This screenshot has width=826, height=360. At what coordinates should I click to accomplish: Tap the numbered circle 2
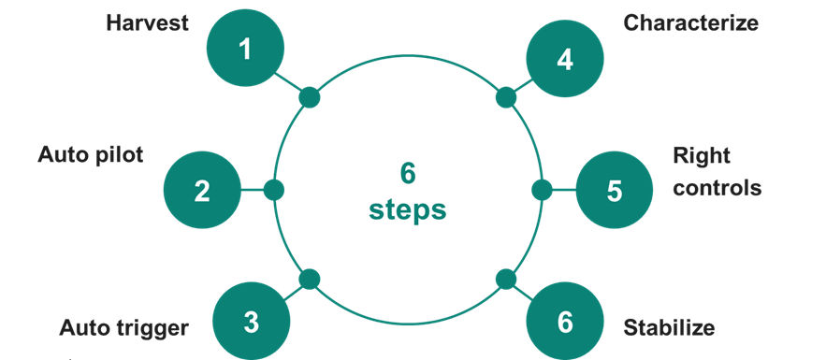point(202,191)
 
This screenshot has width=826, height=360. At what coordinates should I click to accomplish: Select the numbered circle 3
point(251,322)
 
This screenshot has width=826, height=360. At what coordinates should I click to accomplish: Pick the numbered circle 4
point(564,59)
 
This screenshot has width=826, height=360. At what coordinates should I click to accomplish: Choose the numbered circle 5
point(614,191)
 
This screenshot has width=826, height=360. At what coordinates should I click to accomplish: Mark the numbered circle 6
point(564,322)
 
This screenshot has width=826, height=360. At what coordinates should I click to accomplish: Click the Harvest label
point(148,22)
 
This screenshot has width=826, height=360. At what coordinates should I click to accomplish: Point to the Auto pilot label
point(91,154)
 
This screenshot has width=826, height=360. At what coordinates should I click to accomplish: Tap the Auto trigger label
point(124,328)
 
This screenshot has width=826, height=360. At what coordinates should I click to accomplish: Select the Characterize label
point(691,22)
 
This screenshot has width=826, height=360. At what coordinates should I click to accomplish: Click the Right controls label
point(717,171)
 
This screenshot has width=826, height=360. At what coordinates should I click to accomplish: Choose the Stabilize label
point(669,328)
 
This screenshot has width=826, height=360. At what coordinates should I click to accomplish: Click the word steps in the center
point(408,210)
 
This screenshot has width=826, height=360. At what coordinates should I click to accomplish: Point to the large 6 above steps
point(408,174)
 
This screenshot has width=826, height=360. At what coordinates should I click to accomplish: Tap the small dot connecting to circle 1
point(310,97)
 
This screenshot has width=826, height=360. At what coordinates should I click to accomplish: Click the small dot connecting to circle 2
point(274,191)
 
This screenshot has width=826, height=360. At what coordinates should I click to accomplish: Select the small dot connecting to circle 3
point(310,279)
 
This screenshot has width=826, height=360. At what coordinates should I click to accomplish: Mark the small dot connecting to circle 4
point(505,97)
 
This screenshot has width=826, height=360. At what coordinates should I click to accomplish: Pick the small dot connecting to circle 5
point(542,191)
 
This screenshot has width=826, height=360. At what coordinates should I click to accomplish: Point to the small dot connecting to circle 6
point(505,279)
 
